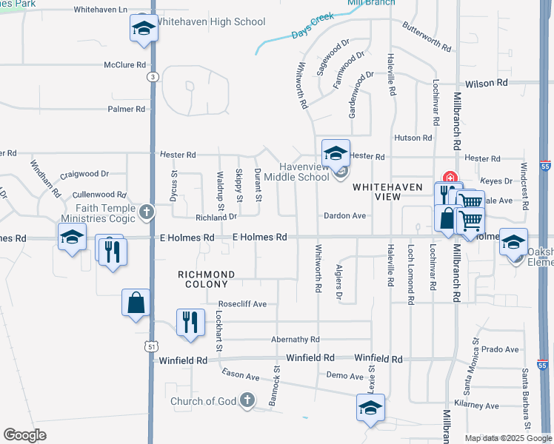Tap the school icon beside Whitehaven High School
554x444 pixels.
pos(142,30)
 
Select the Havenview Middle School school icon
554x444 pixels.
pos(336,154)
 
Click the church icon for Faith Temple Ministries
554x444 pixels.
pos(147,213)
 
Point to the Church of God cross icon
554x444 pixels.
pos(250,401)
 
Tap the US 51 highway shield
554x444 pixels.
pos(153,346)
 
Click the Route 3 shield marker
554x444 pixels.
pos(153,76)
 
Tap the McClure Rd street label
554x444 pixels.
pos(124,65)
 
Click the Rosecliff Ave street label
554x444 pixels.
pos(242,304)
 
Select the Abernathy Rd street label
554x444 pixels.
pos(295,340)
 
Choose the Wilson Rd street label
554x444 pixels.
pos(487,84)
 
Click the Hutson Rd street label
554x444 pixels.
pos(413,138)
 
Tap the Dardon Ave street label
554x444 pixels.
pos(344,216)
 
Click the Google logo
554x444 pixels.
pos(25,434)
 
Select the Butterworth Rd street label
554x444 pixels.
pos(427,36)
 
